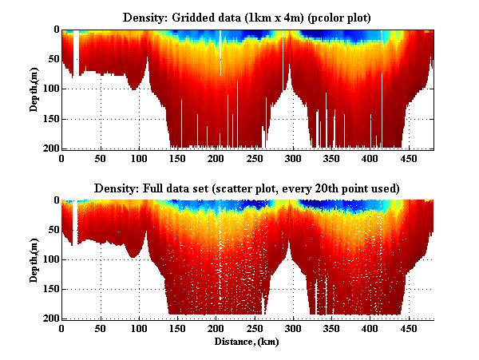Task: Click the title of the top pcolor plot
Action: pos(247,17)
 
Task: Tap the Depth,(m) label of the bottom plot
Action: pos(35,259)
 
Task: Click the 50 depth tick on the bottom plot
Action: pos(51,230)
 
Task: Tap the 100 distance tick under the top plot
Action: pos(139,159)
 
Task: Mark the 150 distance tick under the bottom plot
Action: pos(177,329)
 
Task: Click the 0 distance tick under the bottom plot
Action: pos(62,329)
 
